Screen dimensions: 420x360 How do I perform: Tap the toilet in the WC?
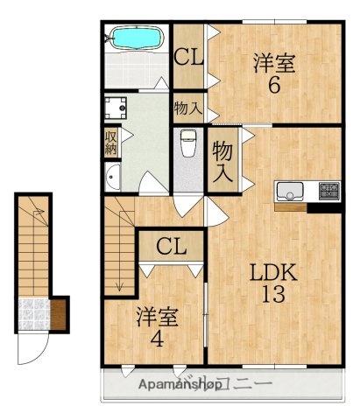(187, 145)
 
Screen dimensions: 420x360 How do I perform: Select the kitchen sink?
(290, 190)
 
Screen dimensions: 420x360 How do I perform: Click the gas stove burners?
(328, 190)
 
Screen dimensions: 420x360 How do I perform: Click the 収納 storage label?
(111, 142)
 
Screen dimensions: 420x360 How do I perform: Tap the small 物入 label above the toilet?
(187, 109)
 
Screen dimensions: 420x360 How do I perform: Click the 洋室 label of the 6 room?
(273, 63)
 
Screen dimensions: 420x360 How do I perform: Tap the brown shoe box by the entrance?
(59, 312)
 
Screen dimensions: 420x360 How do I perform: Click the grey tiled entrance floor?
(32, 314)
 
